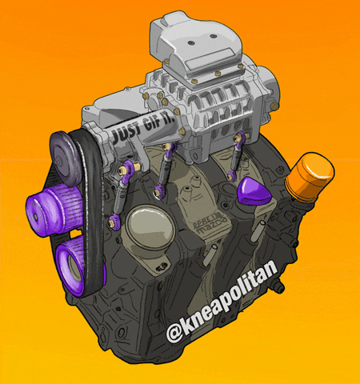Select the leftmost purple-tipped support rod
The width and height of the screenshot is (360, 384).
[126, 192]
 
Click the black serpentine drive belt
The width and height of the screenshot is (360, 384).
[92, 208]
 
